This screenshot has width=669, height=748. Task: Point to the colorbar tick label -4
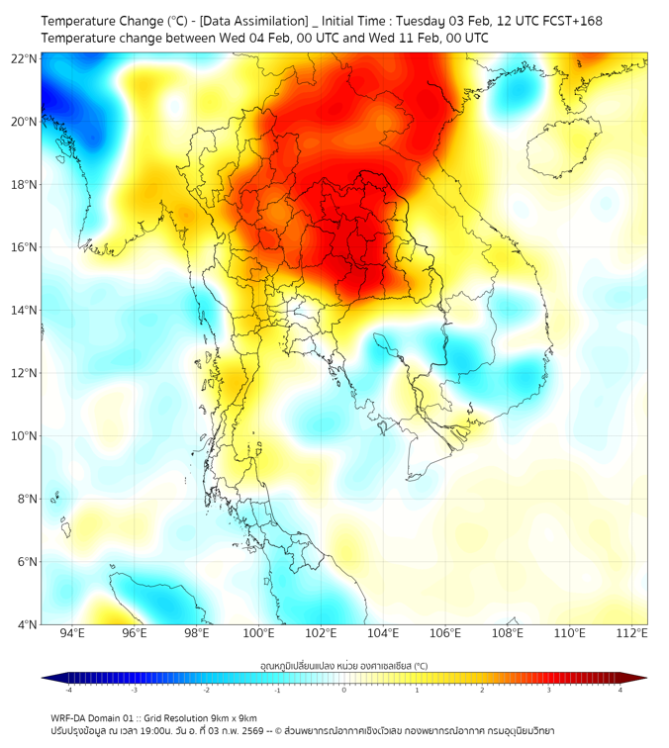pos(68,690)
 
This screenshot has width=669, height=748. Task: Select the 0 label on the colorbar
pos(344,690)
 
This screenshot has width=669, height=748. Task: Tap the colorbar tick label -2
pos(206,690)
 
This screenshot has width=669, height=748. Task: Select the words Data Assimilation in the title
pos(258,21)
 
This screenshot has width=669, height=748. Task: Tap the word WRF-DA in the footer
pos(70,718)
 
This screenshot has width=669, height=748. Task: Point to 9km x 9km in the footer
pos(236,718)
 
